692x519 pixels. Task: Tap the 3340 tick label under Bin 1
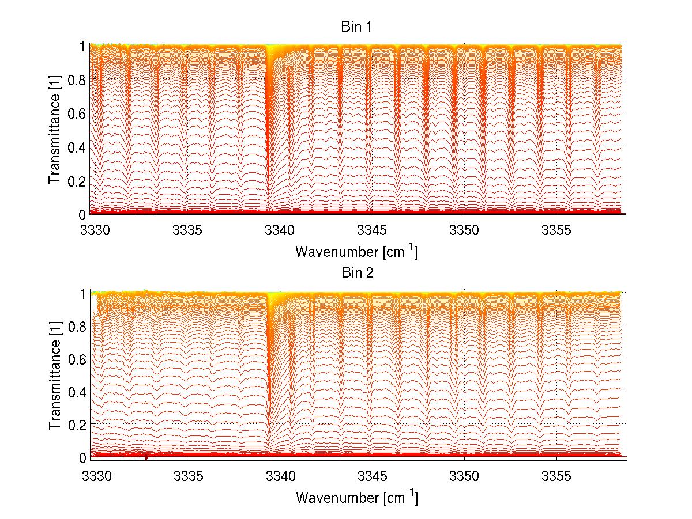[281, 230]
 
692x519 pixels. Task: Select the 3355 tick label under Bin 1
[556, 230]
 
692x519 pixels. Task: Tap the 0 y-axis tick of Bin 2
[82, 457]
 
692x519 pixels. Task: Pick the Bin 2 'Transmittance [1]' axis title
[54, 375]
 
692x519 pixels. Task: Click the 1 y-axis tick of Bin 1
[82, 46]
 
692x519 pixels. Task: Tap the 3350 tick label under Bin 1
[464, 230]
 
